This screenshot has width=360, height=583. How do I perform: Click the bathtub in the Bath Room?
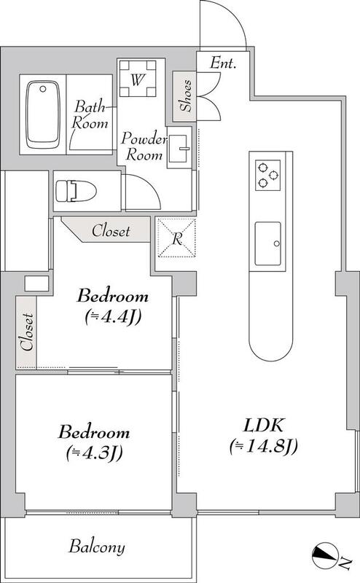coord(43,114)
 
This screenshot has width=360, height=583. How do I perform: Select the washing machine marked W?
coord(137,79)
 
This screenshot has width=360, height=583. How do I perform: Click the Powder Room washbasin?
coord(179,149)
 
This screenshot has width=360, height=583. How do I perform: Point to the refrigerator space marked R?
coord(176,238)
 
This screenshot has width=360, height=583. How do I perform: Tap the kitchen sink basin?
coord(267,244)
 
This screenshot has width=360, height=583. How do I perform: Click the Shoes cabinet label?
coord(187,95)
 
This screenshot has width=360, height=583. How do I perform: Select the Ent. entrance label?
coord(223,63)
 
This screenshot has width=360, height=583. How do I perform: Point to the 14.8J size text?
coord(264,446)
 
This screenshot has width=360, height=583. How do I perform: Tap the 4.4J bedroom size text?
coord(113,317)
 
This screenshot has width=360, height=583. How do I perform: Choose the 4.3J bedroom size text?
coord(95,453)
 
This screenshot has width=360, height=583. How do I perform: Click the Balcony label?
coord(97,547)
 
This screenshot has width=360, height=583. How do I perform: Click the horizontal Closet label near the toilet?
coord(111,231)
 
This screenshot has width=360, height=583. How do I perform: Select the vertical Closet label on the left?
coord(27,332)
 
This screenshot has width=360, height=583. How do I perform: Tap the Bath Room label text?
coord(90,114)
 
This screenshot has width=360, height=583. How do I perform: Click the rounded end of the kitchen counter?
coord(270,346)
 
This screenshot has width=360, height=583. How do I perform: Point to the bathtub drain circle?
coord(43,89)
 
